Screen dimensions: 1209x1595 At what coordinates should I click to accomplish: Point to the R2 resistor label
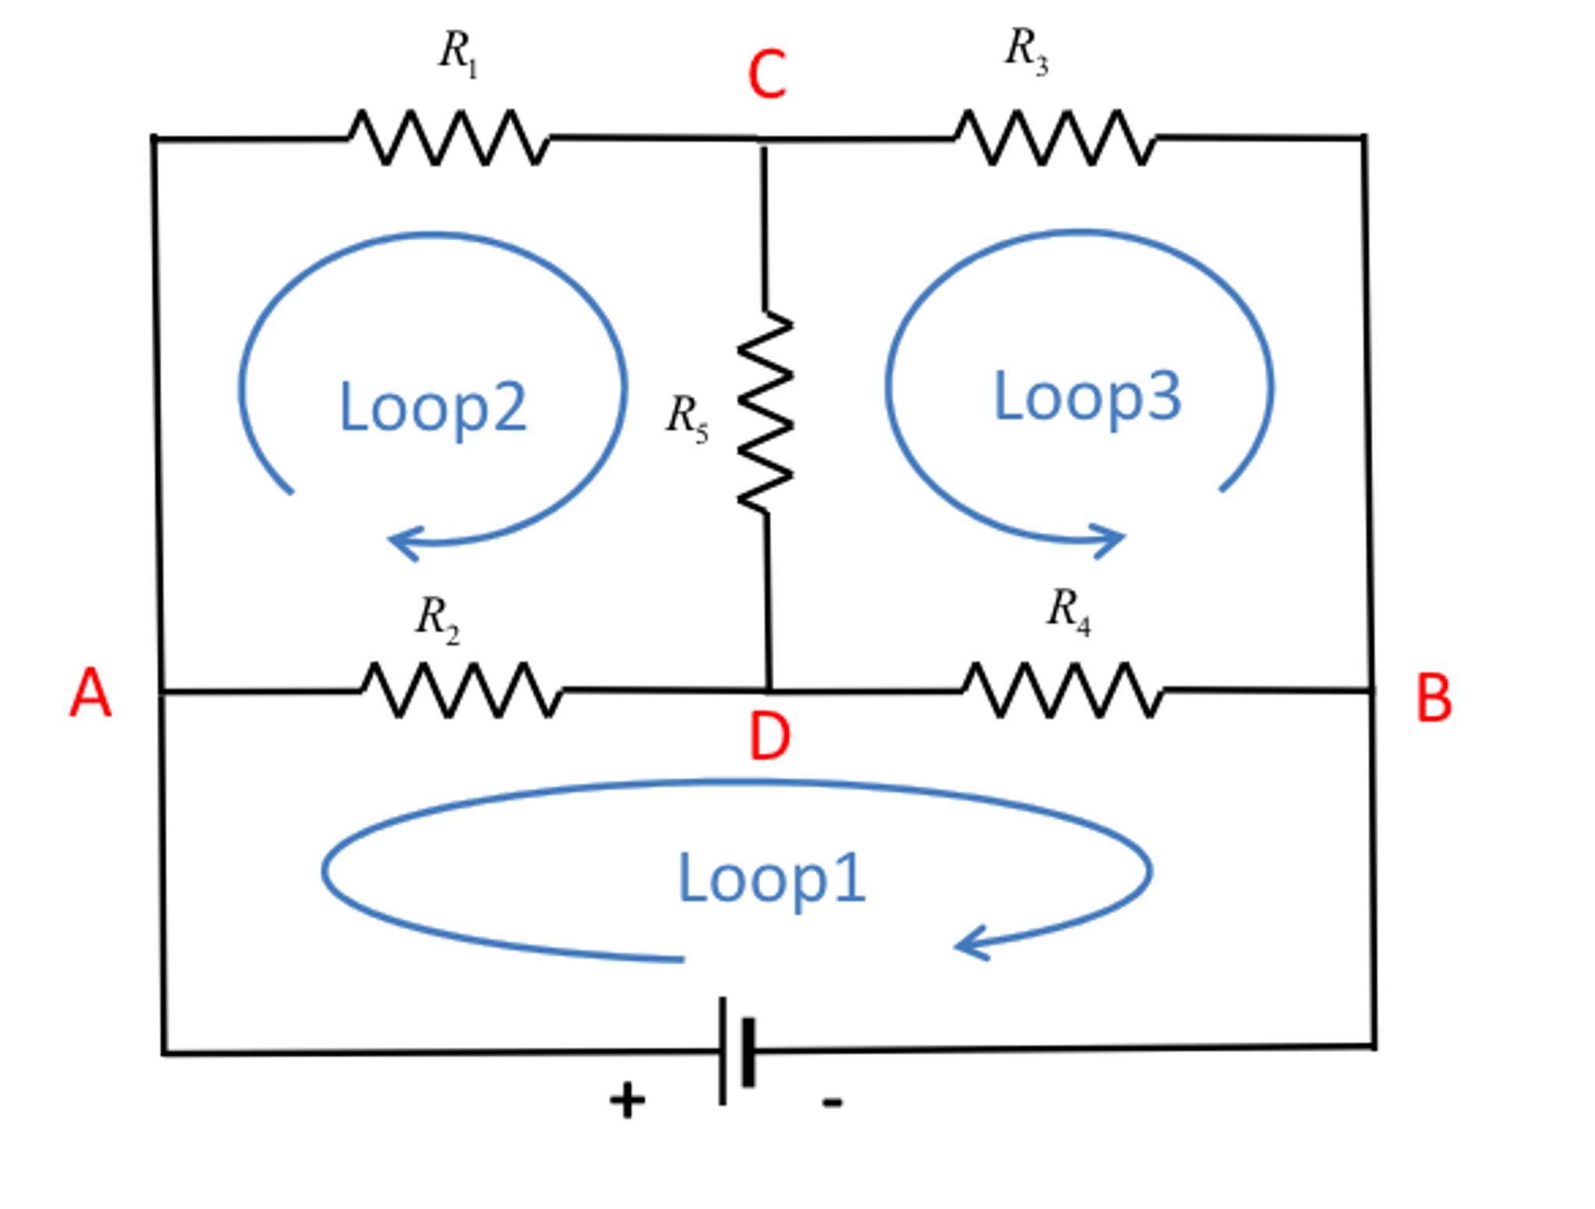click(437, 620)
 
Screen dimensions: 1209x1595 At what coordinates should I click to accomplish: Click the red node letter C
click(766, 75)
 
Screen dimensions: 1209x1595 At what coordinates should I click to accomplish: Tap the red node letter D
click(769, 737)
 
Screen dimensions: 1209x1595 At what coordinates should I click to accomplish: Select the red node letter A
click(90, 693)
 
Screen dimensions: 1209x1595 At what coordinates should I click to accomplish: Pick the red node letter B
click(1433, 699)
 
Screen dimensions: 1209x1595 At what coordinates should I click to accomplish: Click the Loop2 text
click(433, 407)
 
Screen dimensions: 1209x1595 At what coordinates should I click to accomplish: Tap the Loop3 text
click(1087, 397)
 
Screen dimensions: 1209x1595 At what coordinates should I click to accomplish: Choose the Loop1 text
click(771, 879)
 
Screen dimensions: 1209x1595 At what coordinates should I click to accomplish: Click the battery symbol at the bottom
click(736, 1051)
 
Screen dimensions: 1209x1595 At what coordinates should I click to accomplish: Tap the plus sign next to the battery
click(627, 1101)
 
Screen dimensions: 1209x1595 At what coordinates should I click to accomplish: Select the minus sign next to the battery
click(832, 1102)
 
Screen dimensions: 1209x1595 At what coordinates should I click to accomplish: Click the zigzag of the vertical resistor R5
click(765, 412)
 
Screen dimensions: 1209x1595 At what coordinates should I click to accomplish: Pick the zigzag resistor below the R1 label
click(448, 138)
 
